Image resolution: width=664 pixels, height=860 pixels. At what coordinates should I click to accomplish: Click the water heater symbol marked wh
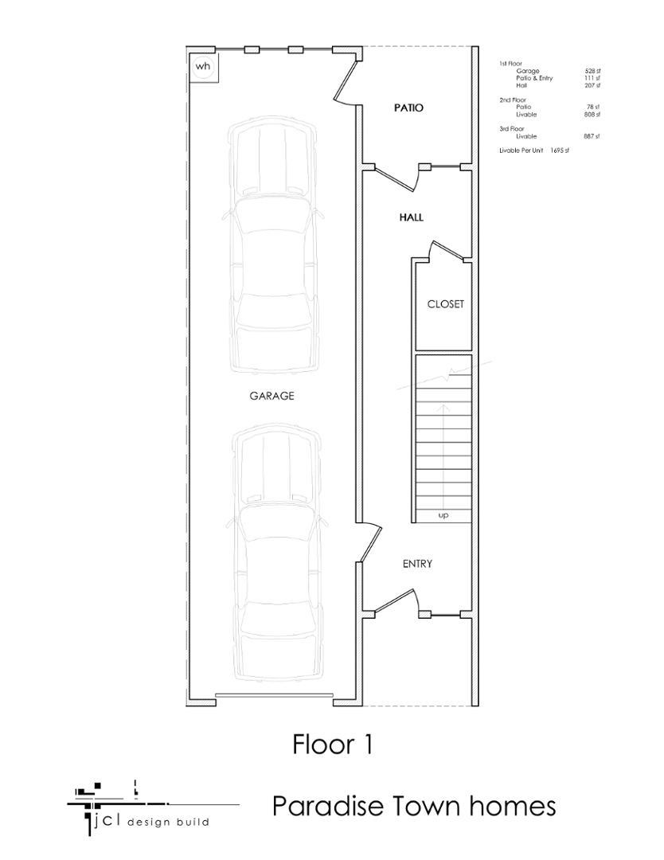click(203, 67)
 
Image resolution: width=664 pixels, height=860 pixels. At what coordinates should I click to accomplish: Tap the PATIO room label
click(408, 107)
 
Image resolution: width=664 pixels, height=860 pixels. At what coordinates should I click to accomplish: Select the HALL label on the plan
click(411, 217)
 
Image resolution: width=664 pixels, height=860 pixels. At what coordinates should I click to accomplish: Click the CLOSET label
click(445, 304)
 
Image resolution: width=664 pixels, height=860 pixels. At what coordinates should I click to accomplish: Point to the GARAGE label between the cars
click(272, 396)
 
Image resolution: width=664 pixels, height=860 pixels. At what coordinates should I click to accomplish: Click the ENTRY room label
click(417, 564)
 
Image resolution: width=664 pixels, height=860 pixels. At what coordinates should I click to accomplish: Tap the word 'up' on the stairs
click(443, 516)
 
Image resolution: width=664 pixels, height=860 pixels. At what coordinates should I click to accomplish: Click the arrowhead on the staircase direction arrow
click(444, 407)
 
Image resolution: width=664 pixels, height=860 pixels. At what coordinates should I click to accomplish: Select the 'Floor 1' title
click(332, 745)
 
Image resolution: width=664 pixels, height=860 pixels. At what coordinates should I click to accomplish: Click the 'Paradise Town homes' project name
click(413, 806)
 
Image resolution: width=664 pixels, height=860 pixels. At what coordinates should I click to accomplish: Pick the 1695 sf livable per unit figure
click(560, 150)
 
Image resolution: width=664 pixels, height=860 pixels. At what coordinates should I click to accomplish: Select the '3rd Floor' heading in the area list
click(511, 128)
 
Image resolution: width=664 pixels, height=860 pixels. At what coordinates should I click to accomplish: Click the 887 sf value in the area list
click(592, 136)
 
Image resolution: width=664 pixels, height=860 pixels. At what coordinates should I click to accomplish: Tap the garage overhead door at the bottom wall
click(274, 696)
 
